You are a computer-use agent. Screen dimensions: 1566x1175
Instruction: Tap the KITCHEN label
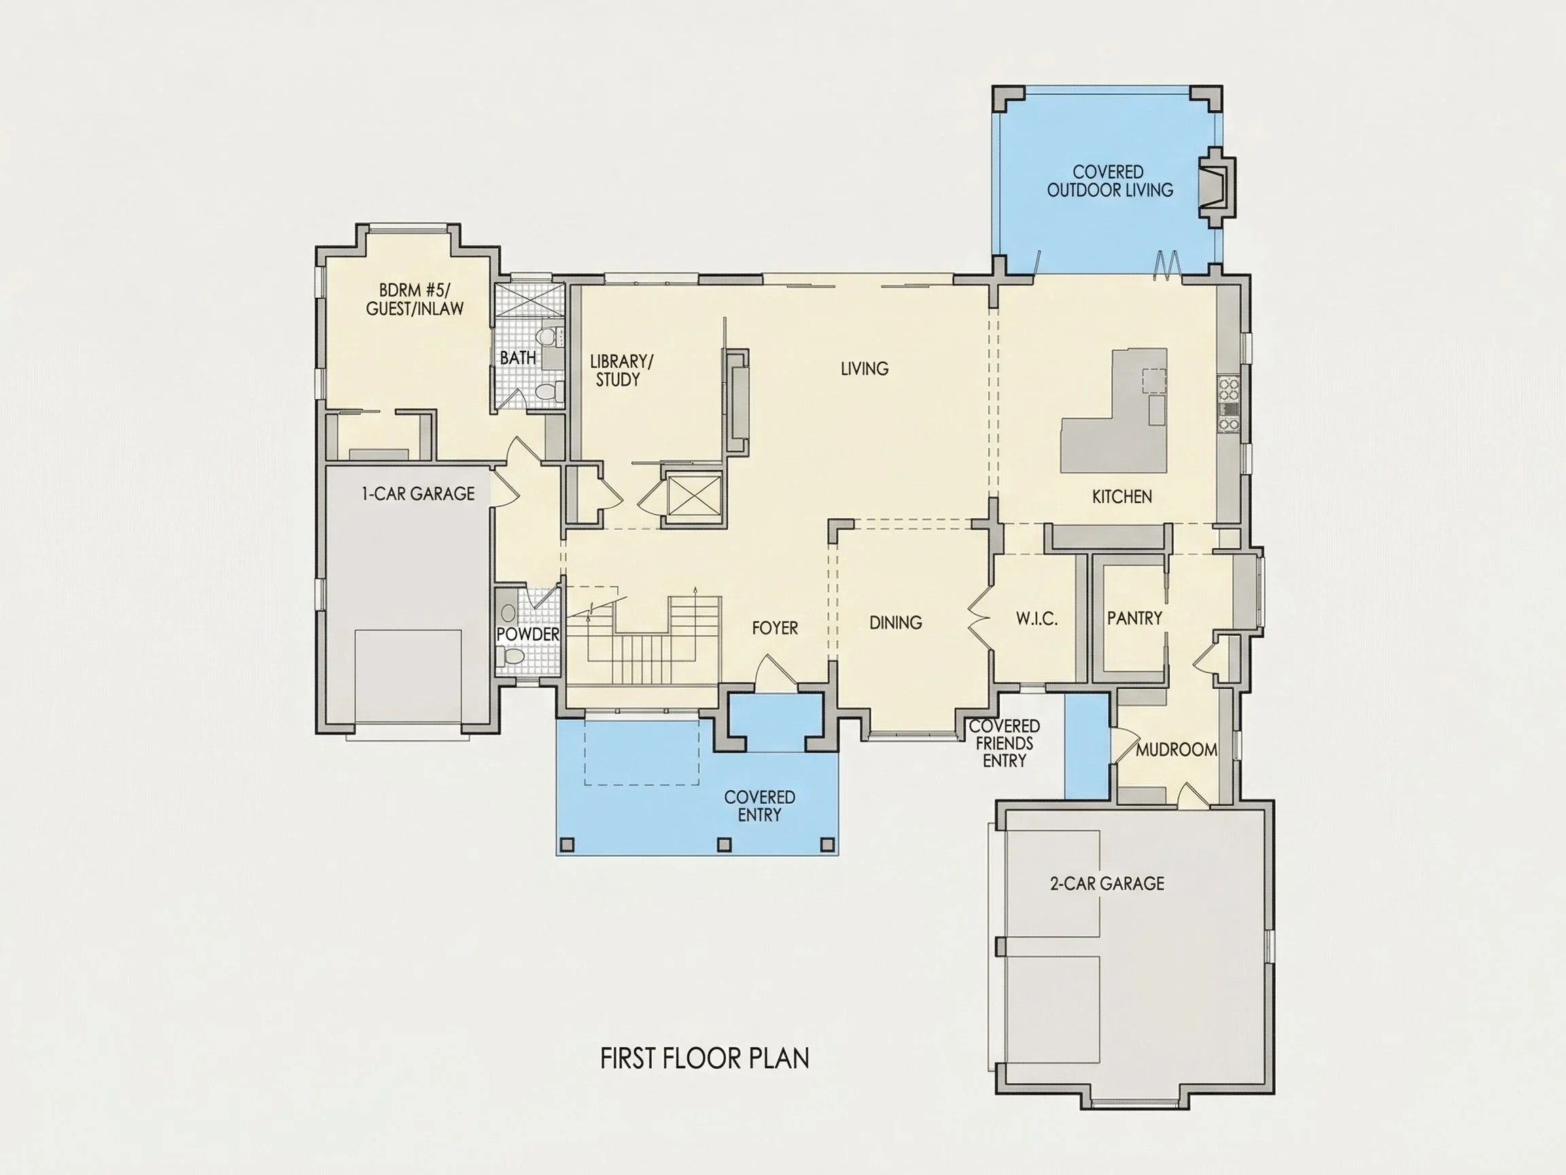[x=1122, y=496]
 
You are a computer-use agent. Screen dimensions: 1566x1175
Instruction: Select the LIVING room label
[x=865, y=369]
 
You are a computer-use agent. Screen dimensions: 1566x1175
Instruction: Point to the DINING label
[x=896, y=623]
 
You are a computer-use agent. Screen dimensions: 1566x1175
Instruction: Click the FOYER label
[x=775, y=628]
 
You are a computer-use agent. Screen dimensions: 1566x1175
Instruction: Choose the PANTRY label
[x=1135, y=618]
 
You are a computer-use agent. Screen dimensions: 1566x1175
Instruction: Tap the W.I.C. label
[x=1037, y=619]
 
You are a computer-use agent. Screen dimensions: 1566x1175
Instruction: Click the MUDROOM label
[x=1177, y=749]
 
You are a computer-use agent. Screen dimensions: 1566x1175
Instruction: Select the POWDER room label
[x=528, y=634]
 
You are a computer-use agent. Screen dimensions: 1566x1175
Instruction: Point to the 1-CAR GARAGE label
[x=419, y=494]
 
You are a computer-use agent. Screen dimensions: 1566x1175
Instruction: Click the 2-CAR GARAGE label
[x=1107, y=883]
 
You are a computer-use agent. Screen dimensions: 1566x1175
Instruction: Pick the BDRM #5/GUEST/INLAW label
[x=415, y=299]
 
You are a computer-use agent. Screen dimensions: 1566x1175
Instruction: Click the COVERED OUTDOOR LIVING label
[x=1109, y=181]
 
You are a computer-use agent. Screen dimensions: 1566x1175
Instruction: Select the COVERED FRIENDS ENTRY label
[x=1004, y=743]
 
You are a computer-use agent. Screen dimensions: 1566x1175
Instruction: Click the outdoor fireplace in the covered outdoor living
[x=1216, y=188]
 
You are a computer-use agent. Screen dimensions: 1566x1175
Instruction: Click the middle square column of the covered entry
[x=724, y=845]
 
